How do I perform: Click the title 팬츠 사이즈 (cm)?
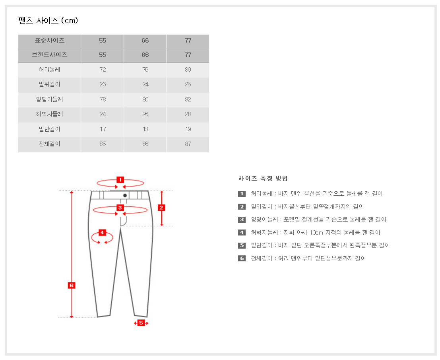48,20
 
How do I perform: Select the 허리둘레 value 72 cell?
103,70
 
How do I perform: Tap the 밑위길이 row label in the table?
49,84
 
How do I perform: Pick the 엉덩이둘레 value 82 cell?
188,99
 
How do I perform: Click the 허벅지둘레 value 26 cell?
145,114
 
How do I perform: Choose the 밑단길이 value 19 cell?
188,129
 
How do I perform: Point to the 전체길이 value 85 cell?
103,144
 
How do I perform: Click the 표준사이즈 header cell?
49,41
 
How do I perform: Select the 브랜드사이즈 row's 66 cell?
145,55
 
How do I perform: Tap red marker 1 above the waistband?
120,179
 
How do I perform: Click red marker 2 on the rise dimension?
161,207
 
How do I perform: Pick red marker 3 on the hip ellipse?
120,207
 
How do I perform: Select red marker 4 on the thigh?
102,232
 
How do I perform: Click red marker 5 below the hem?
141,323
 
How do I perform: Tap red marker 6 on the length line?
72,285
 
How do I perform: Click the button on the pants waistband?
125,195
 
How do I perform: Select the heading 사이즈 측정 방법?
263,178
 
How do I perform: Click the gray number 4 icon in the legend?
242,232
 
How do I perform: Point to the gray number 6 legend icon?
242,258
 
